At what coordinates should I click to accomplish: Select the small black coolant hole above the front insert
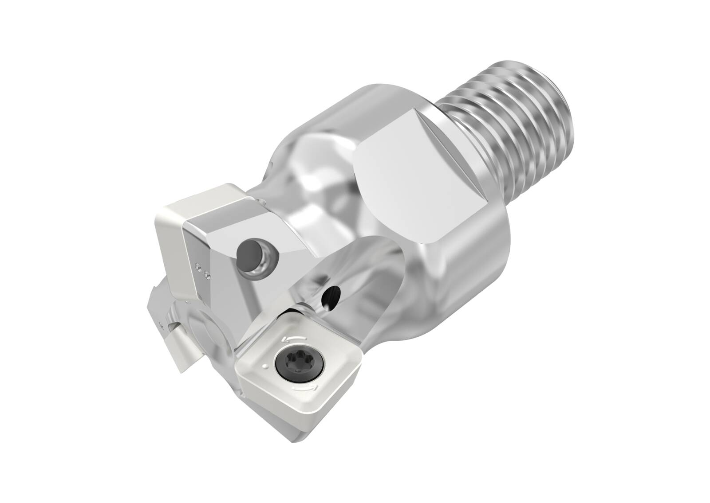(x=331, y=295)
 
